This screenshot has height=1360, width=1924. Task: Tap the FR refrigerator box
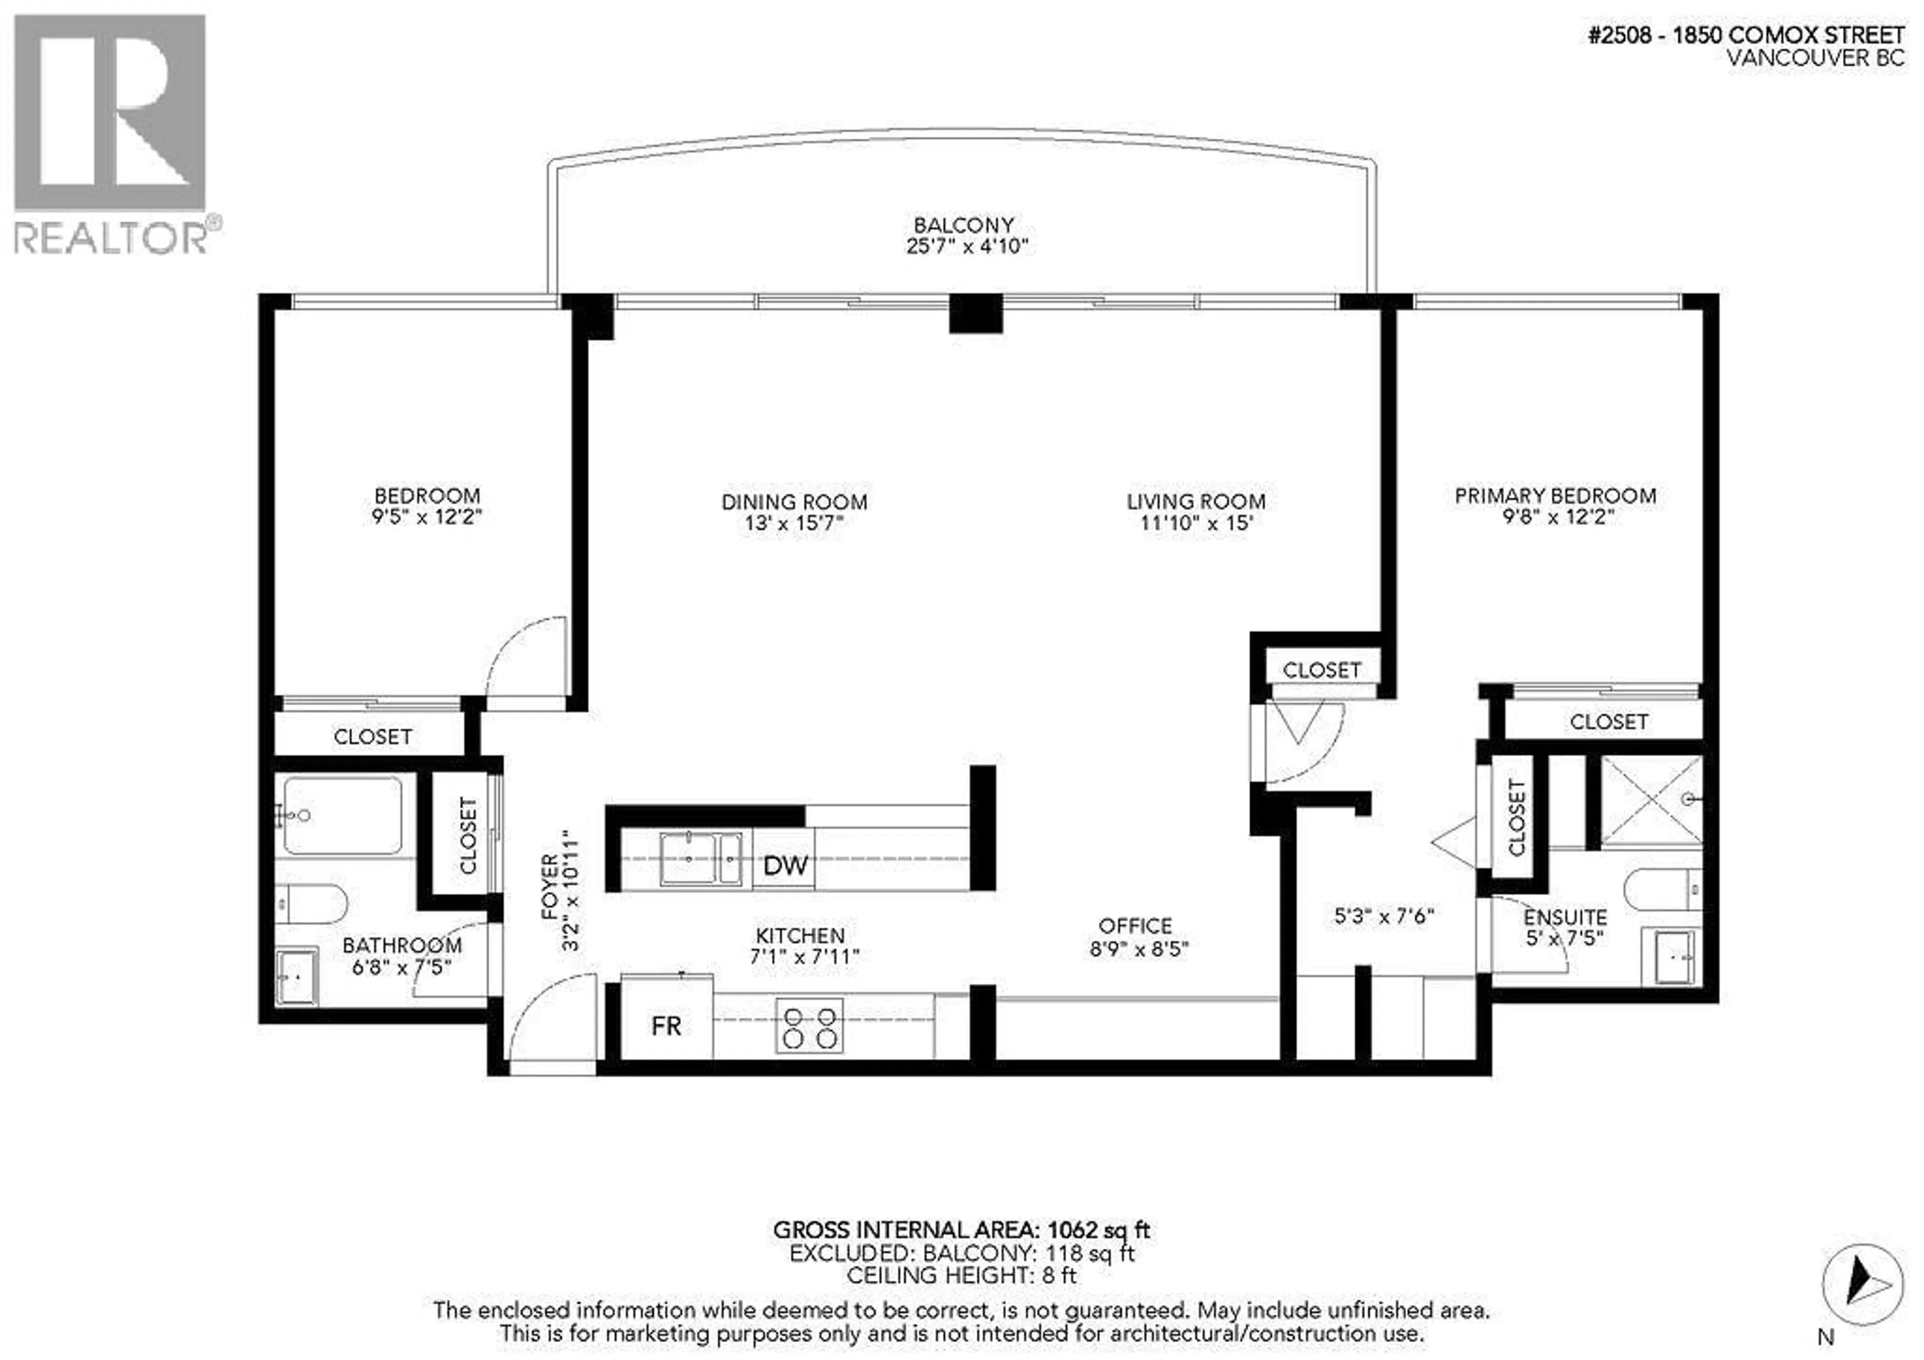coord(666,1026)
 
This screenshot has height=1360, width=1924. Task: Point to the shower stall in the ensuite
coord(1651,801)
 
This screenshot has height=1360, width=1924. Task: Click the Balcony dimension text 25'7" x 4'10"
coord(966,246)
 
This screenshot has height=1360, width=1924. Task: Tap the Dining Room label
coord(794,502)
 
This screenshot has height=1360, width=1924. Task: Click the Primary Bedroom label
coord(1555,495)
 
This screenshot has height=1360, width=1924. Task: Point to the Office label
coord(1135,926)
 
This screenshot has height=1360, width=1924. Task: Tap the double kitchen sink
coord(700,858)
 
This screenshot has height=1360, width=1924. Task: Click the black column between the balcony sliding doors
coord(976,314)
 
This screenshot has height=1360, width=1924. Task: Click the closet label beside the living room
coord(1321,670)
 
